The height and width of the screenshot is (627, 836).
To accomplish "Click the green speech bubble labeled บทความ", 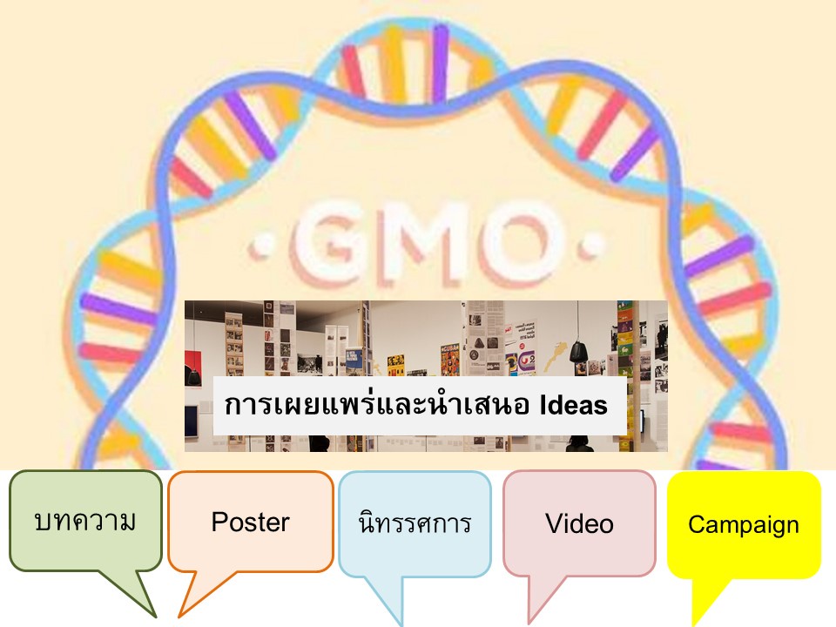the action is coord(85,521).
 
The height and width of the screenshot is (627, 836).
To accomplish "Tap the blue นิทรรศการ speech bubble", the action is coord(415,523).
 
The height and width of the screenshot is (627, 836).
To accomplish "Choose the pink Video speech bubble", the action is coord(580,523).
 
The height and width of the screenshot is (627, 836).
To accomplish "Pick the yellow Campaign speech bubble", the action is coord(744,524).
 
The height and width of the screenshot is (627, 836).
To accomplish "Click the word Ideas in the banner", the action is coord(574,405).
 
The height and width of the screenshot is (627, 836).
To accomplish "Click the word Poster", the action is coord(251,522).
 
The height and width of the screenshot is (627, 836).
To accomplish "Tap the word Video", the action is coord(580,523).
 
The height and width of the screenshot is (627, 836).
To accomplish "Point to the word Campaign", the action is coord(744,525).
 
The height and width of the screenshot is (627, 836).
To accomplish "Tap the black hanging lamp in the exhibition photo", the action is coord(578,353).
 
